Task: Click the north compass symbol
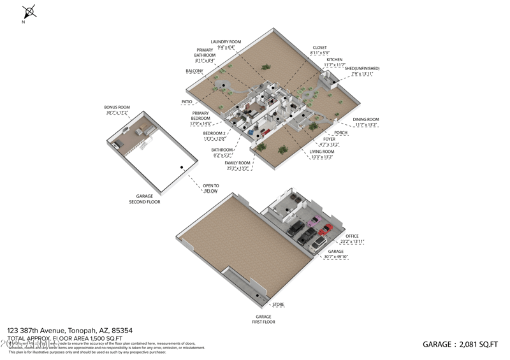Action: pos(29,12)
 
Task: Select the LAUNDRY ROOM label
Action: pos(226,42)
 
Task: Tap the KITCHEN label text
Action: pos(334,59)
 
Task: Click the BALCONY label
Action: pos(194,71)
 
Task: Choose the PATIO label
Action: pos(187,101)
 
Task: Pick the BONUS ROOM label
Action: pos(117,107)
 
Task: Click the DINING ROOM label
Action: pos(366,119)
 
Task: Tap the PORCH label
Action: pos(341,133)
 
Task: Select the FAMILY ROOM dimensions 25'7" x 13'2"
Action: pos(237,169)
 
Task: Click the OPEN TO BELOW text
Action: pos(210,188)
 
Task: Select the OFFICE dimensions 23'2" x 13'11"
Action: pos(352,242)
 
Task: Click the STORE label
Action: pos(279,305)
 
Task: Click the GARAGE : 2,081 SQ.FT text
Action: pos(460,344)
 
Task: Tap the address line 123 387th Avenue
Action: pos(69,330)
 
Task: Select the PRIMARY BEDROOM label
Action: pos(200,116)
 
